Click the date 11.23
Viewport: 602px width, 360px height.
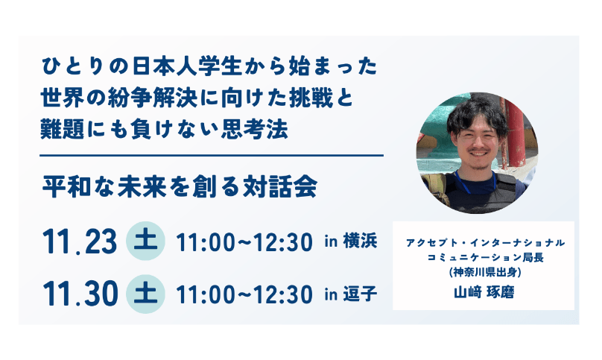click(80, 241)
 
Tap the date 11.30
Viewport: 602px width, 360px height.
click(80, 294)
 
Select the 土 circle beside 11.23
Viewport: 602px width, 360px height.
click(145, 241)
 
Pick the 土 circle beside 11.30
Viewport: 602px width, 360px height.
click(145, 294)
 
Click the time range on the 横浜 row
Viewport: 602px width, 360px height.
click(244, 242)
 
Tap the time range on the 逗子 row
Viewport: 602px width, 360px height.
click(244, 295)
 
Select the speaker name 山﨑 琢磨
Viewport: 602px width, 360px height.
click(484, 293)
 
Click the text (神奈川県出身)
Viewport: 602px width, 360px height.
click(485, 272)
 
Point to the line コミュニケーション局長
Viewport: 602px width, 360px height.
click(485, 257)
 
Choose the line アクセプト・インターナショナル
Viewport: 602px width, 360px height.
click(485, 243)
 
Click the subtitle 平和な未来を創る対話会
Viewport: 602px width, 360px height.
click(180, 187)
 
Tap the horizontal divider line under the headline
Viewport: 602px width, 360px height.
click(212, 156)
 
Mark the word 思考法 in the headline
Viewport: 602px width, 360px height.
click(255, 129)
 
